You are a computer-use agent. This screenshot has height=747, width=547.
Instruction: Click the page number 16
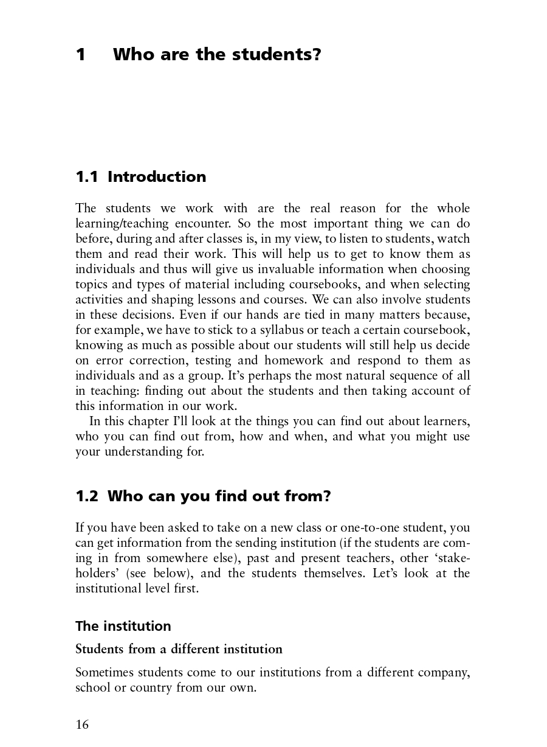82,724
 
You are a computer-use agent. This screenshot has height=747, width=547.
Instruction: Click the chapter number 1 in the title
81,55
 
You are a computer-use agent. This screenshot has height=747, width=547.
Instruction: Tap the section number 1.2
86,496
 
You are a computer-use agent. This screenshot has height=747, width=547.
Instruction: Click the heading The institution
123,626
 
